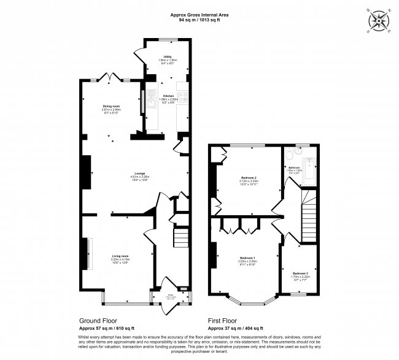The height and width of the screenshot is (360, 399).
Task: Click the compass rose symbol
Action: point(380,21)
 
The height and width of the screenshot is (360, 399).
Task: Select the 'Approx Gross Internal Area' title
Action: point(199,15)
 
